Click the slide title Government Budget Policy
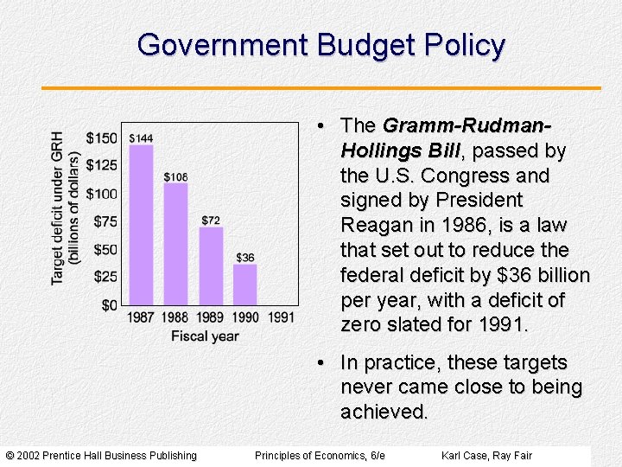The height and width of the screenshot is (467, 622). click(321, 45)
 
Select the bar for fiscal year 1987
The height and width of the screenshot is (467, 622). click(141, 225)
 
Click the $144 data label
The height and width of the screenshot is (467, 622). click(141, 138)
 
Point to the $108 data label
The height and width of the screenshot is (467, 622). click(175, 176)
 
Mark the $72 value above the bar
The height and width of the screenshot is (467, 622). click(211, 221)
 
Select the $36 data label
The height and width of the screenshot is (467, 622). click(245, 258)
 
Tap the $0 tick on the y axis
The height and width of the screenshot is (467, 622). click(109, 305)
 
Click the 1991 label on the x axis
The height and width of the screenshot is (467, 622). click(280, 318)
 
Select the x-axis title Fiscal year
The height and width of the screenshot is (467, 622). click(205, 336)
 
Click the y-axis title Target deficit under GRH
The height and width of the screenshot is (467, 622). click(57, 208)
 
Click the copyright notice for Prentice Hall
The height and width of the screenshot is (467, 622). click(101, 456)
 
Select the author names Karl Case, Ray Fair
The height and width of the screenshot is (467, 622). click(486, 456)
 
